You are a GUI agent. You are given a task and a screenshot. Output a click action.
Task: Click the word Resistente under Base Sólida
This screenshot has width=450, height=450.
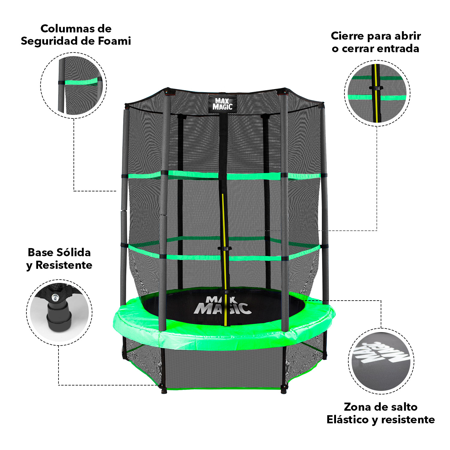pos(64,265)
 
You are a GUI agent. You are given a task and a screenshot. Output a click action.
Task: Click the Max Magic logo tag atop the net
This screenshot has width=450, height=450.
pos(222,104)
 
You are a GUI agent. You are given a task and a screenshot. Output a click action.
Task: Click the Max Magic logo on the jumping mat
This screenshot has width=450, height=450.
pos(222,306)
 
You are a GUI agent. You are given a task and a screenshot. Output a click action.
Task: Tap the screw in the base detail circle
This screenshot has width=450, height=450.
pos(55,297)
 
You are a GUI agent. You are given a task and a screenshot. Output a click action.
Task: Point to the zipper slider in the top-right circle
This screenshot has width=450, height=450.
pos(376,88)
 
